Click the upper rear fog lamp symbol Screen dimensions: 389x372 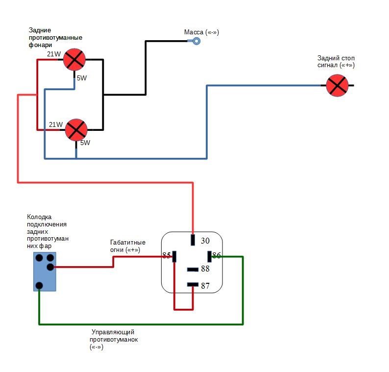tap(74, 60)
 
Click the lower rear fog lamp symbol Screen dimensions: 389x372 tap(76, 130)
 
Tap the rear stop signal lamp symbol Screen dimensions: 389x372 tap(337, 85)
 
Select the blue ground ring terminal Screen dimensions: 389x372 tap(196, 41)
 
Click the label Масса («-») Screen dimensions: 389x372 tap(201, 32)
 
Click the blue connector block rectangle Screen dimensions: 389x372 tap(45, 272)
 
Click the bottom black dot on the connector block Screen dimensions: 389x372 tap(39, 286)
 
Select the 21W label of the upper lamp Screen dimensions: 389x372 tap(54, 54)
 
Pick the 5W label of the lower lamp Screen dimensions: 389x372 tap(85, 143)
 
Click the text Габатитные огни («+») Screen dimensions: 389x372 tap(128, 246)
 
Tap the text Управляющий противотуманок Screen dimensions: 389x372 tap(114, 336)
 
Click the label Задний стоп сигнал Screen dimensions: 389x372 tap(336, 62)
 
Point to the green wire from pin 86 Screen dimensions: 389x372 tap(141, 324)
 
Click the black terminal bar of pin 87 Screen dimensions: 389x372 tap(193, 284)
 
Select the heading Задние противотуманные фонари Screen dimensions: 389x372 tap(55, 37)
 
